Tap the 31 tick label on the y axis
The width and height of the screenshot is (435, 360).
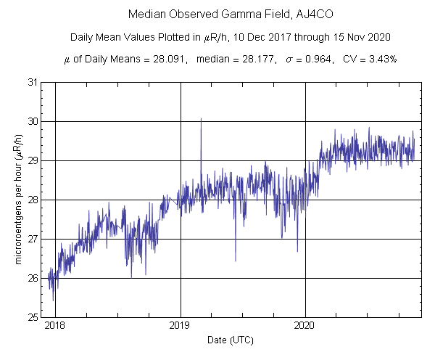pos(33,82)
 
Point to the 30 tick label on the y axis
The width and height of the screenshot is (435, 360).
pos(33,121)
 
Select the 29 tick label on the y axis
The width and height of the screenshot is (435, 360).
pos(33,160)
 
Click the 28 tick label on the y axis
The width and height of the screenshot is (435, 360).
pos(33,200)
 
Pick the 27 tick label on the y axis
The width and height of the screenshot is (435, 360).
pos(33,239)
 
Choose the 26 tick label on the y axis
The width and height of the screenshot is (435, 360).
pos(33,278)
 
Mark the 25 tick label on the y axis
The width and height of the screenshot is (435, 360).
pos(33,317)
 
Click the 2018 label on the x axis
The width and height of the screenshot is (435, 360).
pos(55,327)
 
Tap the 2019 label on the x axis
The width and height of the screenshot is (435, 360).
pos(181,327)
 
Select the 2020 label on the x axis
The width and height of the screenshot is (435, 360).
pos(305,327)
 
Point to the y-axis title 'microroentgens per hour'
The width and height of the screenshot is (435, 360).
pos(18,200)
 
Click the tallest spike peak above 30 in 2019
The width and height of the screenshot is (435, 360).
pos(201,118)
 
